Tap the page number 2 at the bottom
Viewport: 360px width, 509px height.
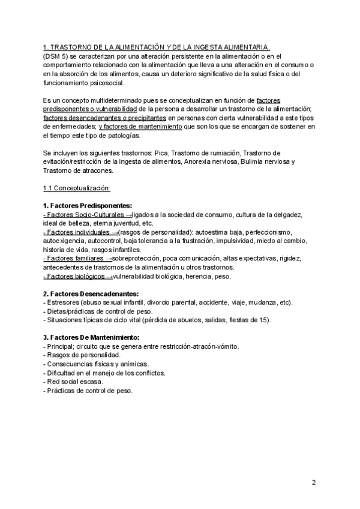(314, 482)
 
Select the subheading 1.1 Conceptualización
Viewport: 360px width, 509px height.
(76, 188)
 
